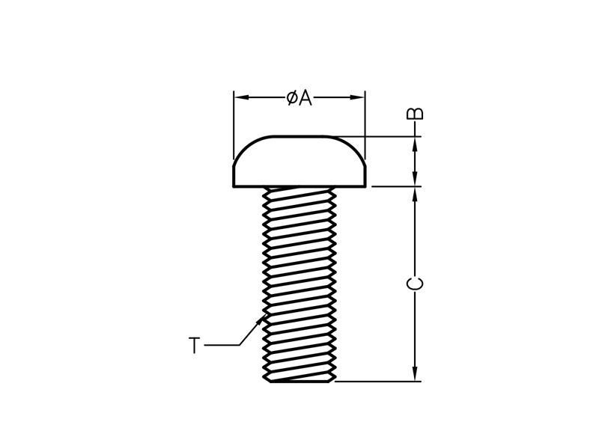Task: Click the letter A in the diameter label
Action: click(305, 98)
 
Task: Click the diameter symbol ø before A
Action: click(292, 98)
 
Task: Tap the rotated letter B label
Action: click(416, 114)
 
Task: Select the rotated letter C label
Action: click(416, 284)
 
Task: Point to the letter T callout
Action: click(195, 346)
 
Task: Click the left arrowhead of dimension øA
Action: click(241, 97)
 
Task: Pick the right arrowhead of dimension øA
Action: click(357, 97)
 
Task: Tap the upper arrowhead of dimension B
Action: click(416, 144)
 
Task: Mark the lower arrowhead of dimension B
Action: click(416, 179)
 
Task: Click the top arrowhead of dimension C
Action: click(416, 195)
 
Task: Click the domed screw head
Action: click(299, 161)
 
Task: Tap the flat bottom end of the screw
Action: click(299, 381)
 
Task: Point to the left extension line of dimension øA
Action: click(234, 125)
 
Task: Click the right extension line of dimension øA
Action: click(365, 125)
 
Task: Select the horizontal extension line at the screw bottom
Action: click(378, 381)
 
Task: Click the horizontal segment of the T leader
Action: click(222, 346)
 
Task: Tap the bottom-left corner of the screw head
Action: click(234, 187)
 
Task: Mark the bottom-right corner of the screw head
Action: click(366, 187)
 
